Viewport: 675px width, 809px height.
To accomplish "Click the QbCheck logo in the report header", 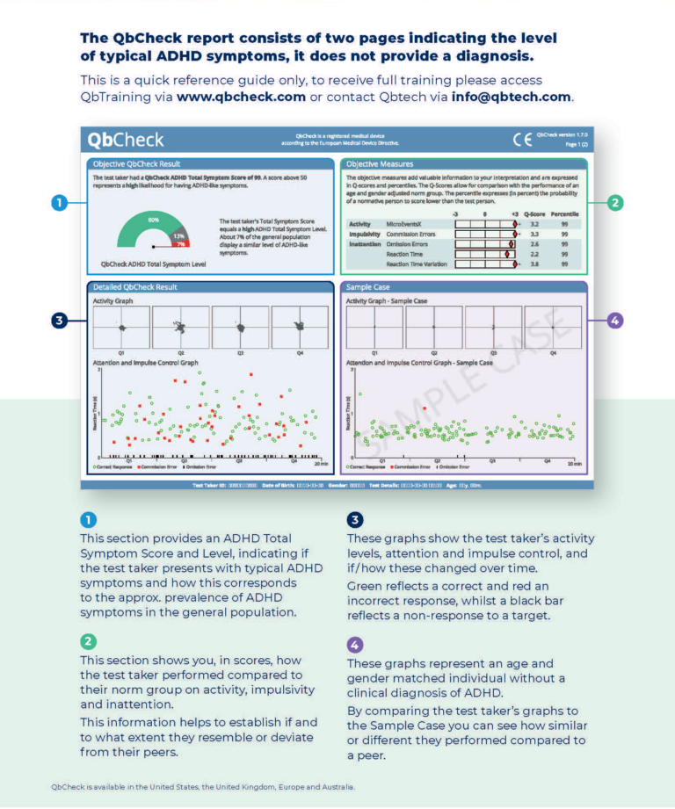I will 125,140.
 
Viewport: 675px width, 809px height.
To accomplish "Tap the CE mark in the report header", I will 522,139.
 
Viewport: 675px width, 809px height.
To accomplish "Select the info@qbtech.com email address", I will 512,97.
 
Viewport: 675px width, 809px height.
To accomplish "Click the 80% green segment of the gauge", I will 152,220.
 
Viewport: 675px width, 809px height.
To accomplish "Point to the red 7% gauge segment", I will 179,245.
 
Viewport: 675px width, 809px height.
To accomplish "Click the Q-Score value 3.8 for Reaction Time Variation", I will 534,264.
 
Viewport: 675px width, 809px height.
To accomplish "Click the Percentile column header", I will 564,213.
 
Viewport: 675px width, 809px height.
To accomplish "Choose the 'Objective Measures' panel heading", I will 380,164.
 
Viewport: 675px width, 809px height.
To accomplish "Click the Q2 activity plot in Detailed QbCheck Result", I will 180,327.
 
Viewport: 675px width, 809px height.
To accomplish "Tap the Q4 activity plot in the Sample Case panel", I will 553,327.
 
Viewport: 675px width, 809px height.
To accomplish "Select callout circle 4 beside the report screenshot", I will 614,321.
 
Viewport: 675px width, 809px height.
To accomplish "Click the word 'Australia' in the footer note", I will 337,787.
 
